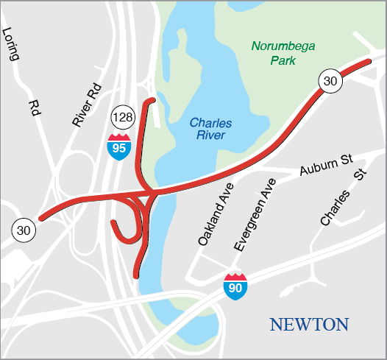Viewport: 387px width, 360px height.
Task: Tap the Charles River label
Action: (x=207, y=129)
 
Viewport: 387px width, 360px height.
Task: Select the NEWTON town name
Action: (x=308, y=325)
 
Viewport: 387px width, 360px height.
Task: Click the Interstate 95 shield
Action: (x=117, y=147)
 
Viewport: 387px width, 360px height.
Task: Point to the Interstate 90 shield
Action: (x=235, y=285)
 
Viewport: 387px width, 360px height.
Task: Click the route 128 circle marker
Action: (x=121, y=118)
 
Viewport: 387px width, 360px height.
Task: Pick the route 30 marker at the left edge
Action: (x=23, y=230)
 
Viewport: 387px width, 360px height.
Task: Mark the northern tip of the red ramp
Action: (x=152, y=99)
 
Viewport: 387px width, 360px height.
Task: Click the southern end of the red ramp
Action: (x=136, y=275)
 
